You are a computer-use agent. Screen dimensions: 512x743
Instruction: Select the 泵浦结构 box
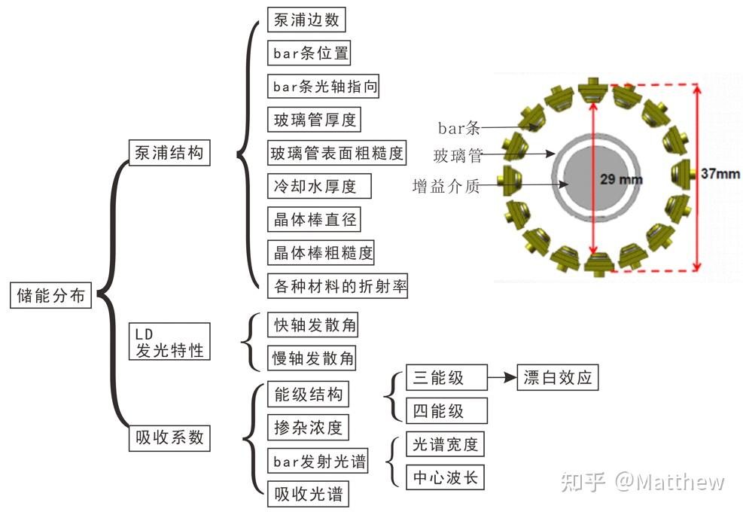169,153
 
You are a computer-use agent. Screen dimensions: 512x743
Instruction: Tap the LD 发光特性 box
169,341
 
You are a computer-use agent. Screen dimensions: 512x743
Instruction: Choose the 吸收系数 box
169,437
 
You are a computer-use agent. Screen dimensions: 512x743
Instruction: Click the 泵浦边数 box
306,20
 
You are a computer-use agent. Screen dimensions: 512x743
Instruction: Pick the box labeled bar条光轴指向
324,86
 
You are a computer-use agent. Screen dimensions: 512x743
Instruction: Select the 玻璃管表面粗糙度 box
337,154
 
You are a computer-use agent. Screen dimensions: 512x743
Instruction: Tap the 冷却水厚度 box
314,185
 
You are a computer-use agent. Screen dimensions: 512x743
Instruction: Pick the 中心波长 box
445,477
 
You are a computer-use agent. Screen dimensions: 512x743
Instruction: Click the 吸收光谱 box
308,494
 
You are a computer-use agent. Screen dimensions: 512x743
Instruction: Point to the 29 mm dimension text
622,179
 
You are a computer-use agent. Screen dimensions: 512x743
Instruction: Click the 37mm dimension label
720,172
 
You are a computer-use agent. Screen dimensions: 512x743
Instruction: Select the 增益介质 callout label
446,185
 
